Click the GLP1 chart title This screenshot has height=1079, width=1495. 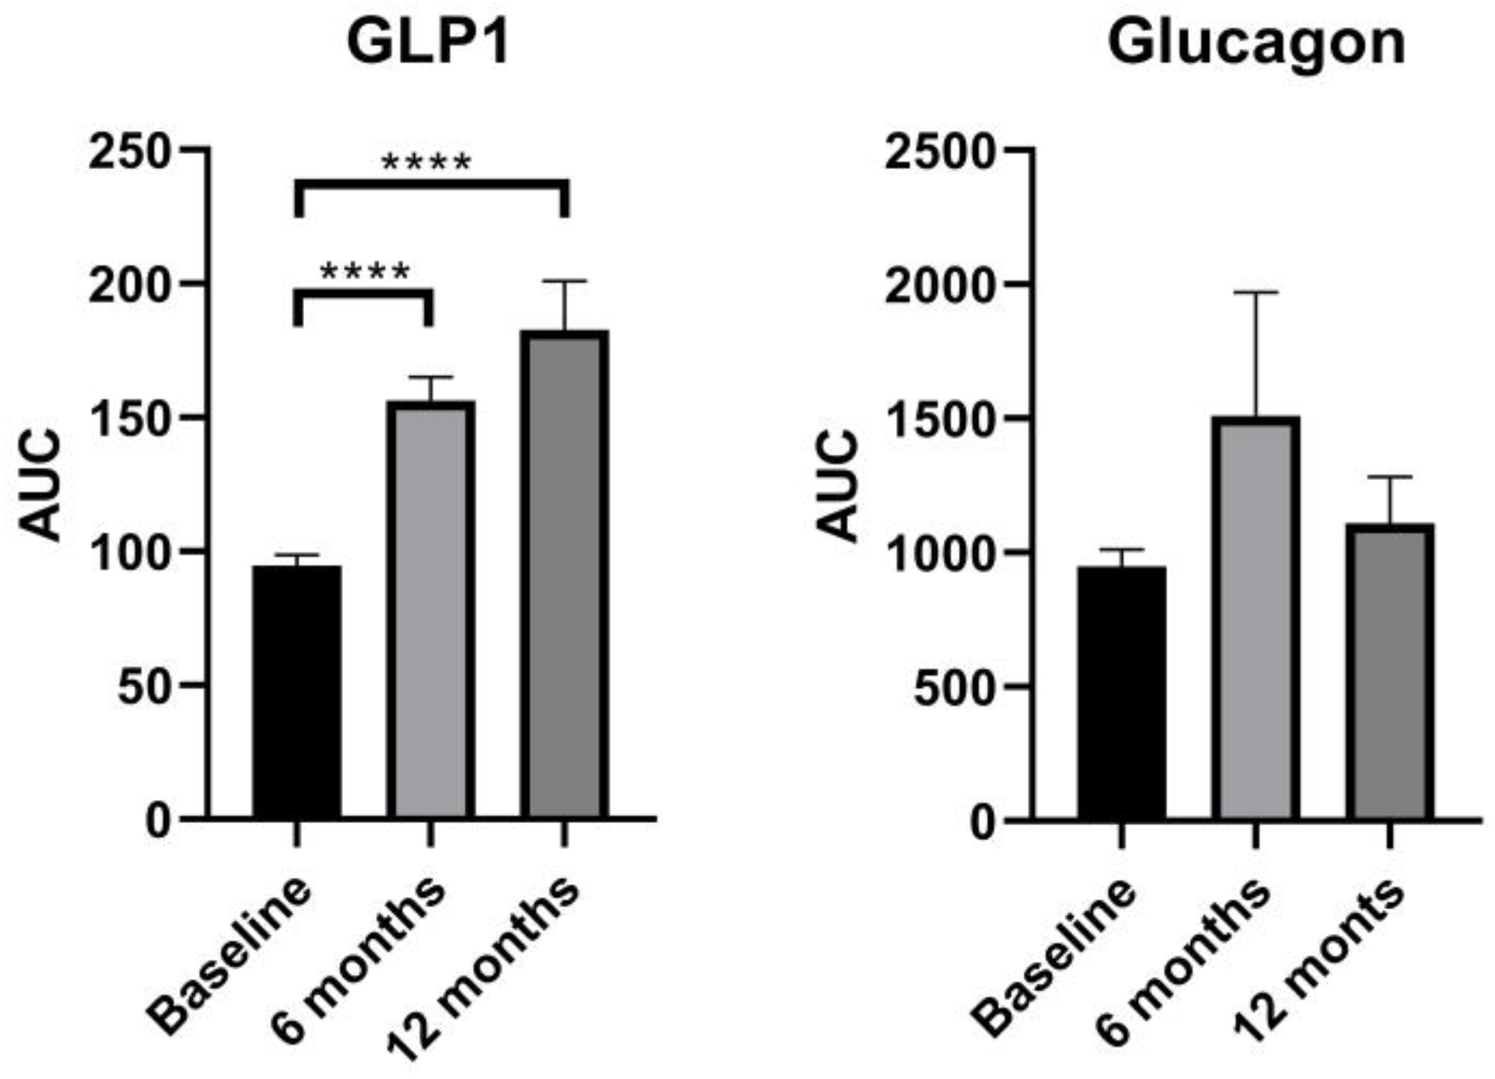428,43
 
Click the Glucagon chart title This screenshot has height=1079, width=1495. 1256,43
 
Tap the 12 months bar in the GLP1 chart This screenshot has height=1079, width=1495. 565,575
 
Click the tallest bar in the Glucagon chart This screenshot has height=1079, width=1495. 1255,618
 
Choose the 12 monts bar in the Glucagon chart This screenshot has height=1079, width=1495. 1389,672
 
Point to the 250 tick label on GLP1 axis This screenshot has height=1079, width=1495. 129,152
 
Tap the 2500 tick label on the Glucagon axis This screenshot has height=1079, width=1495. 940,152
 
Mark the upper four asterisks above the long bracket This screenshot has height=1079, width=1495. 426,162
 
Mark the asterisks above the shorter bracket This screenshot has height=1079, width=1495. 365,272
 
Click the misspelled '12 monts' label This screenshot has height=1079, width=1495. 1319,960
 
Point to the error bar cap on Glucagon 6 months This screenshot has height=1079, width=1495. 1256,293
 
